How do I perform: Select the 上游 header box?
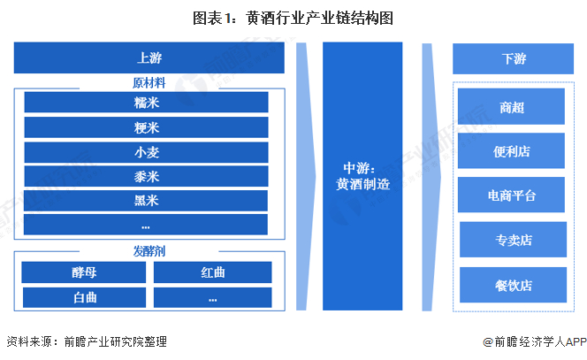click(x=149, y=58)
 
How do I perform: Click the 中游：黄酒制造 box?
click(x=362, y=176)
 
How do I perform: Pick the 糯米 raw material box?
click(x=146, y=102)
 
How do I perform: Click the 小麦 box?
click(x=146, y=151)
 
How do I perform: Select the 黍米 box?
click(x=146, y=175)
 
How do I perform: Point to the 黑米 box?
click(x=146, y=200)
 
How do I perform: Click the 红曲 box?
click(x=212, y=272)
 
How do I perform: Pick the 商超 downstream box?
click(x=512, y=107)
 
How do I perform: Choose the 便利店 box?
click(x=512, y=150)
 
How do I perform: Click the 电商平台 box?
click(x=512, y=194)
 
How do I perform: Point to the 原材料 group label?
click(x=147, y=83)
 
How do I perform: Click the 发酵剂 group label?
click(x=147, y=250)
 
